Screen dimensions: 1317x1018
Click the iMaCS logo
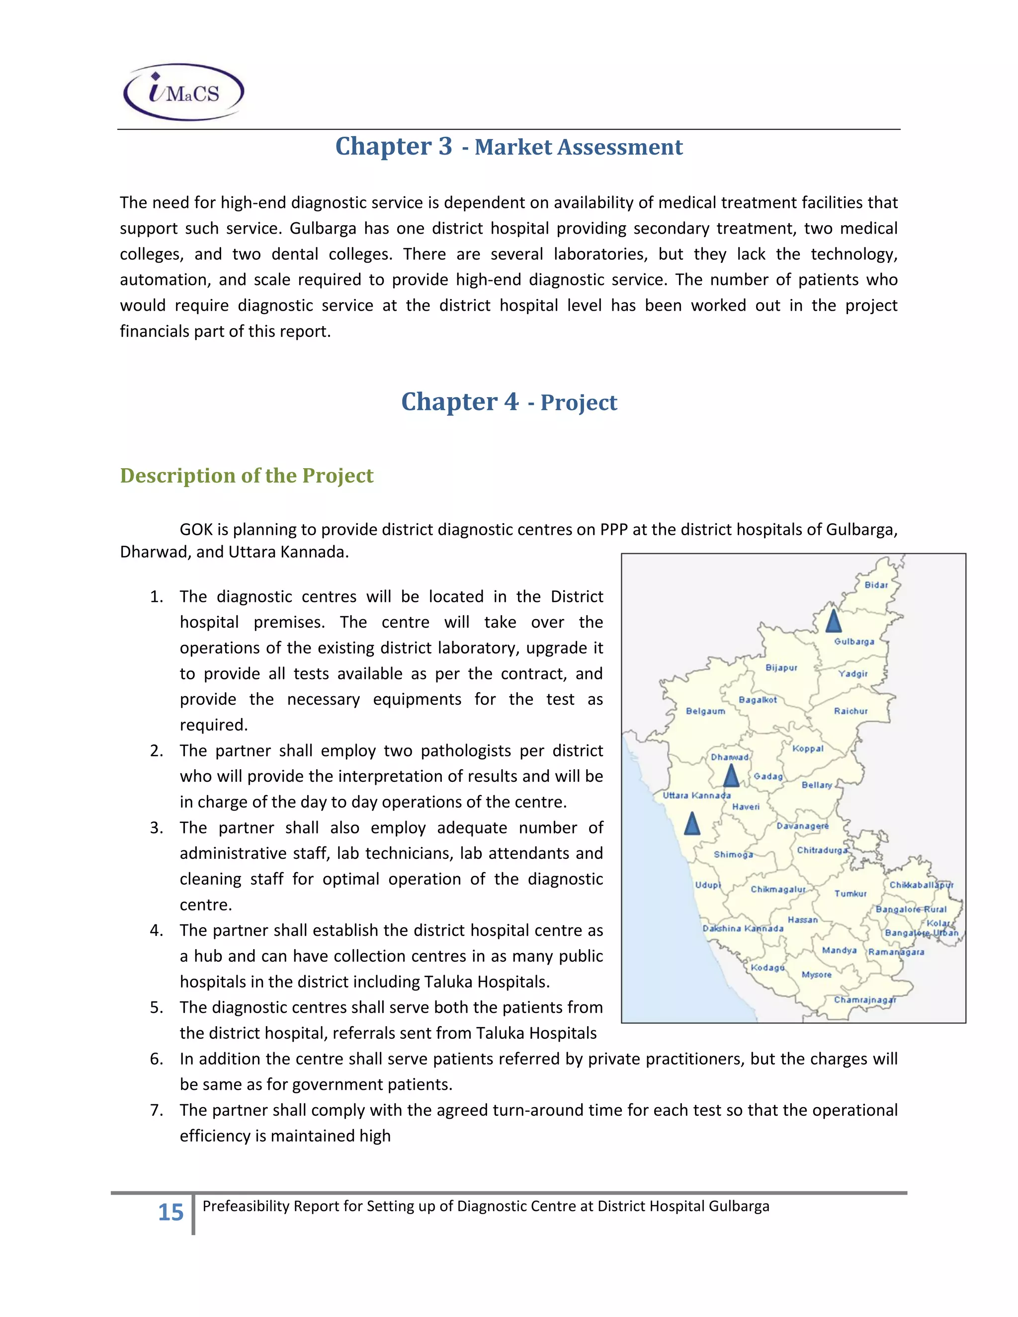point(183,92)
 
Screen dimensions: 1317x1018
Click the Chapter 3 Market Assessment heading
point(509,147)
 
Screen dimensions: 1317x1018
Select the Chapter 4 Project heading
point(509,402)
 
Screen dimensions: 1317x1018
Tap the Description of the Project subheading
point(247,476)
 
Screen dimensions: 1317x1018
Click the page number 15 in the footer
point(170,1212)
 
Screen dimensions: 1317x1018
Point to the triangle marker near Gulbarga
point(833,621)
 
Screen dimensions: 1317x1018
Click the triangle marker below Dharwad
point(731,776)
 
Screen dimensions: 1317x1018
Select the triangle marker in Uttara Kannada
point(692,823)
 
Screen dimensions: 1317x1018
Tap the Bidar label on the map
point(876,585)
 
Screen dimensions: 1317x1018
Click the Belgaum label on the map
point(705,712)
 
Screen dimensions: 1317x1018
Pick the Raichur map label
point(850,712)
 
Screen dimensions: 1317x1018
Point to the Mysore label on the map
point(816,975)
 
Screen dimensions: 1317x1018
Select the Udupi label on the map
point(707,885)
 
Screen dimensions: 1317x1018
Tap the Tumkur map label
point(850,894)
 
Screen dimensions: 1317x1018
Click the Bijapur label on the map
point(781,667)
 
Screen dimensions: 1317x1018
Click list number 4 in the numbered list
point(156,930)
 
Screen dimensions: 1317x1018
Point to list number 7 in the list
point(156,1110)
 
